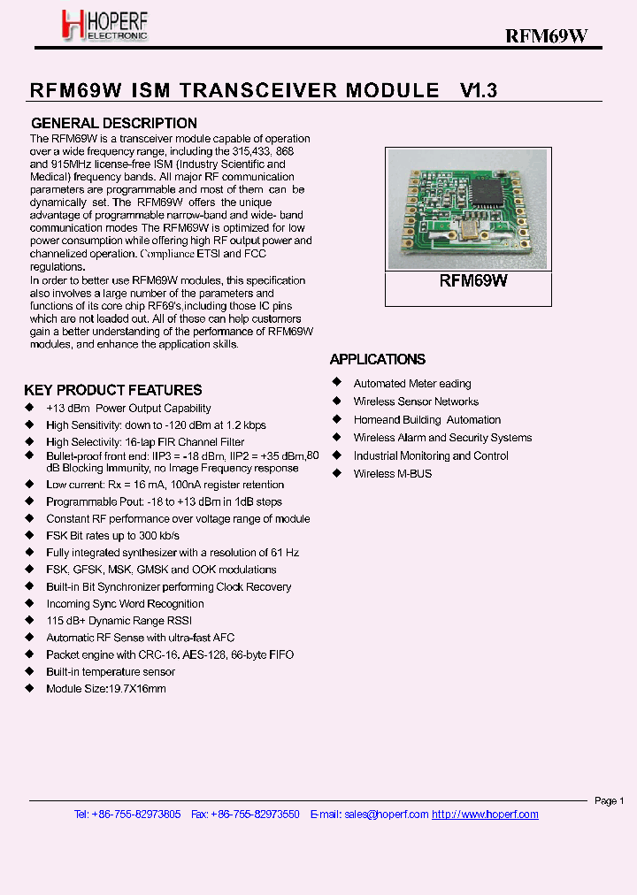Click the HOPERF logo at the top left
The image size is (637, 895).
[104, 26]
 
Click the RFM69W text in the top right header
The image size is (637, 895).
[546, 35]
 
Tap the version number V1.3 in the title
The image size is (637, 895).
[479, 90]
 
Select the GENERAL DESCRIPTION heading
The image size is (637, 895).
[114, 123]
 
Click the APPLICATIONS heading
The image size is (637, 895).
[378, 359]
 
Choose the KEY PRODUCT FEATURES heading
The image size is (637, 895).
[113, 390]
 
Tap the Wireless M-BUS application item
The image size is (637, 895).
[392, 474]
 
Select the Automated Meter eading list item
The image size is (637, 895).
[412, 384]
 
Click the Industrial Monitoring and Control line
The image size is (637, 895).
[431, 456]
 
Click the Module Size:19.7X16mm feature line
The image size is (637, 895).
[106, 689]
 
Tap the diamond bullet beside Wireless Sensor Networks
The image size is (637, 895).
[336, 402]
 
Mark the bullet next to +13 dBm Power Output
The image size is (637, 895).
[29, 409]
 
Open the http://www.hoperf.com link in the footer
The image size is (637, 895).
[485, 815]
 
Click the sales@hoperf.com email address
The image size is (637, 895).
[386, 815]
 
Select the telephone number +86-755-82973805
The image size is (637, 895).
[136, 815]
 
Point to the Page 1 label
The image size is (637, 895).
[609, 801]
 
